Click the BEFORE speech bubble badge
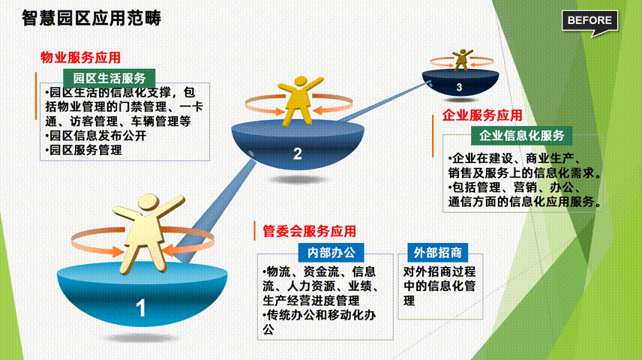pyautogui.click(x=589, y=21)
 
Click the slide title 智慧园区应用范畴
pyautogui.click(x=91, y=19)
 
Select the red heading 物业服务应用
pyautogui.click(x=80, y=57)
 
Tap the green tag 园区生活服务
pyautogui.click(x=109, y=78)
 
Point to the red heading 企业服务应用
pyautogui.click(x=482, y=115)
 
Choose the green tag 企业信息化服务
pyautogui.click(x=522, y=136)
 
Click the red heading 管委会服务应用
pyautogui.click(x=309, y=231)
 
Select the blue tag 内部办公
pyautogui.click(x=331, y=253)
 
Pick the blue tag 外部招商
pyautogui.click(x=438, y=253)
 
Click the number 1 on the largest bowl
pyautogui.click(x=140, y=308)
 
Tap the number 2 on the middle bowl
pyautogui.click(x=298, y=154)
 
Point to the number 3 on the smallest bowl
pyautogui.click(x=459, y=87)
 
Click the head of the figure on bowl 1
pyautogui.click(x=148, y=202)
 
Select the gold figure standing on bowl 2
pyautogui.click(x=300, y=100)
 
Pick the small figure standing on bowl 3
pyautogui.click(x=462, y=60)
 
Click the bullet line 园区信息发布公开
pyautogui.click(x=96, y=136)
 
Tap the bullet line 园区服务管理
pyautogui.click(x=83, y=150)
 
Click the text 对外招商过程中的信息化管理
pyautogui.click(x=439, y=286)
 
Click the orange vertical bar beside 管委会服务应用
pyautogui.click(x=255, y=231)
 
